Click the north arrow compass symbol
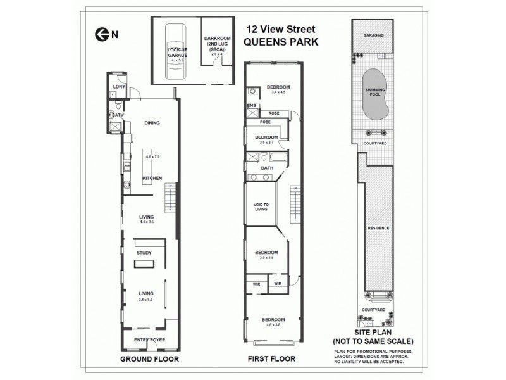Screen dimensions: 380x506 [x=99, y=35]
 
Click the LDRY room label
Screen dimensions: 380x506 [x=117, y=87]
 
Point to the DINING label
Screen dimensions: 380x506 [x=151, y=123]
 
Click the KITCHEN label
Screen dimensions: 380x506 [x=151, y=178]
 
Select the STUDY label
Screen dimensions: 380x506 [x=144, y=253]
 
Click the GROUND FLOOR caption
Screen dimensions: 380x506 [x=149, y=359]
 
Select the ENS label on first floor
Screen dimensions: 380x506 [x=252, y=105]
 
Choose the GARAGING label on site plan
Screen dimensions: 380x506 [x=373, y=36]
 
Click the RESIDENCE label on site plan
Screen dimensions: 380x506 [x=378, y=228]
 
